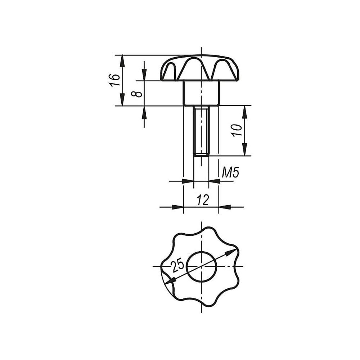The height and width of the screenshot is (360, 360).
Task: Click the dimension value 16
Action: click(114, 80)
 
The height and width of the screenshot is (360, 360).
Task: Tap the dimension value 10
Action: click(237, 130)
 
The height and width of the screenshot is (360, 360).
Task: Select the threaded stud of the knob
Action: click(201, 131)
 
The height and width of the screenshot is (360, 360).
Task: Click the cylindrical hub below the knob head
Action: click(201, 93)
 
